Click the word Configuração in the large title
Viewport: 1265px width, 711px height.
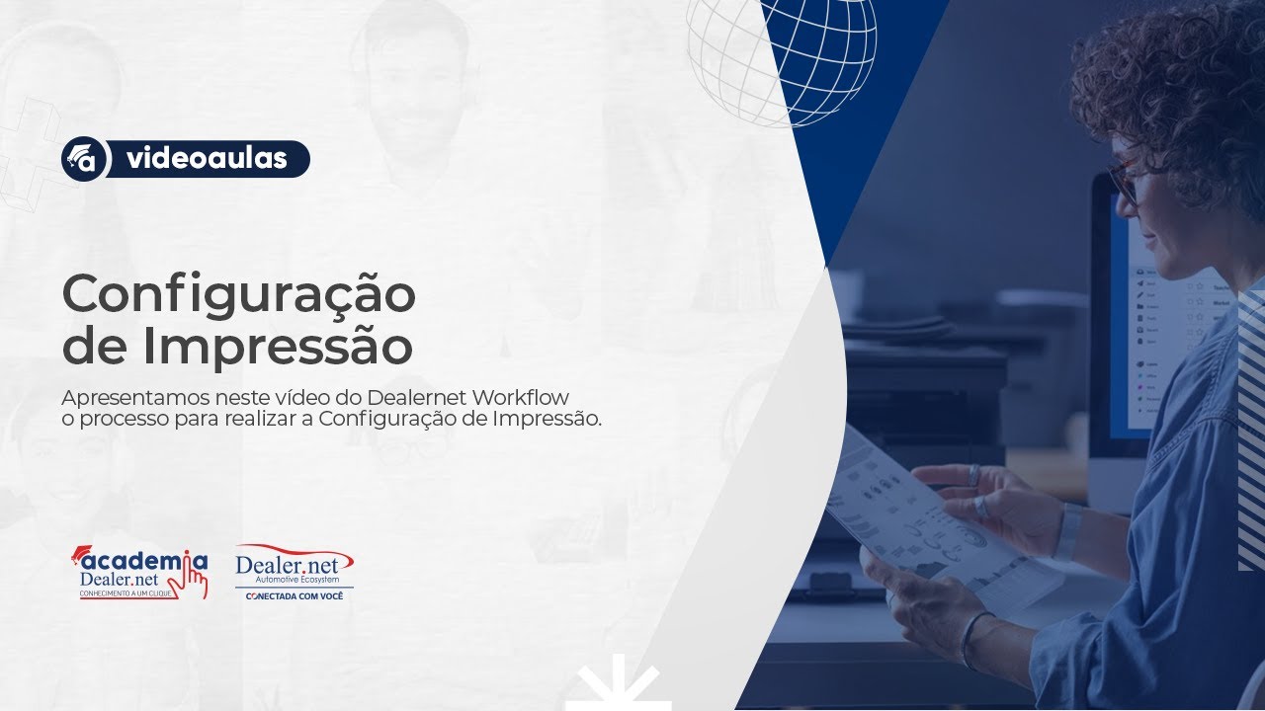coord(238,294)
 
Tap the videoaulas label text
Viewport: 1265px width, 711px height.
coord(208,159)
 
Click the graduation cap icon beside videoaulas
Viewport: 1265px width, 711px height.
coord(84,159)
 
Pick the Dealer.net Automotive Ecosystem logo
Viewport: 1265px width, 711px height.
coord(294,567)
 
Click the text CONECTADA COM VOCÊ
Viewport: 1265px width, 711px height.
coord(294,596)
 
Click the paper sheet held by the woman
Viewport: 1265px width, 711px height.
coord(919,513)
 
